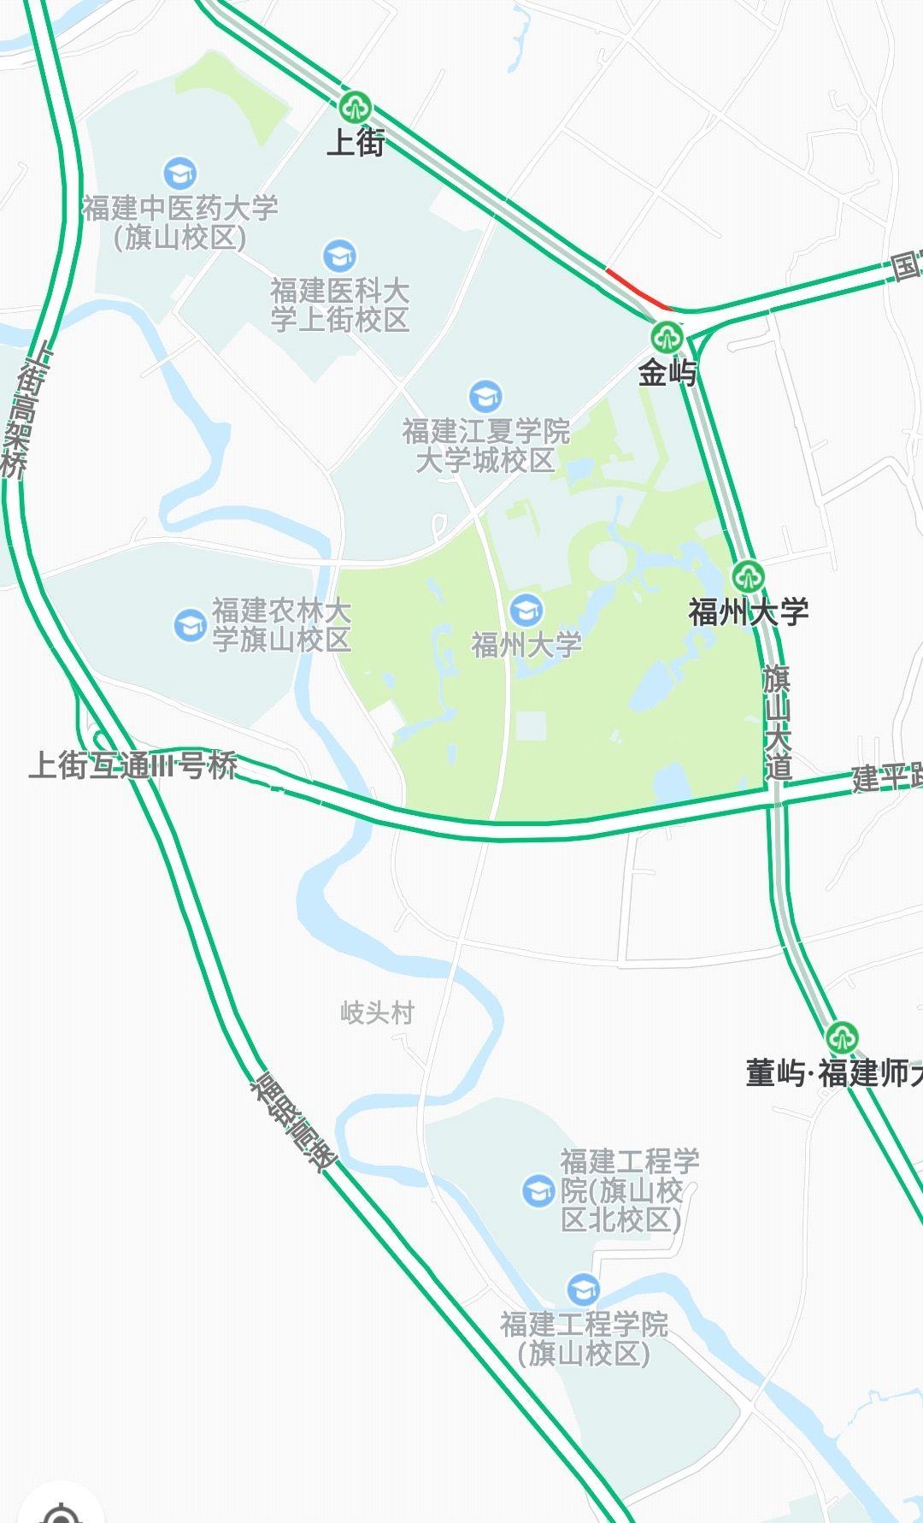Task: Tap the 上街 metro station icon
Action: click(x=353, y=108)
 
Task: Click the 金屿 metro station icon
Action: click(x=666, y=337)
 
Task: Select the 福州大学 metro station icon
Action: click(x=748, y=576)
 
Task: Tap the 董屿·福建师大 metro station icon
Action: click(x=843, y=1038)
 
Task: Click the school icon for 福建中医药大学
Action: click(x=179, y=174)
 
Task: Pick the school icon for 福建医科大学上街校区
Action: click(x=339, y=256)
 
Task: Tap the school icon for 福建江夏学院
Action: click(x=485, y=397)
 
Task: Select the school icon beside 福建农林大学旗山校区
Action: click(x=190, y=625)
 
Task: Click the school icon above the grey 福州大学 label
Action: click(x=526, y=611)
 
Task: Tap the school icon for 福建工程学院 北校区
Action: click(x=538, y=1189)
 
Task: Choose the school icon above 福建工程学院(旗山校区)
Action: click(x=583, y=1289)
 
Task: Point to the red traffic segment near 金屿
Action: click(x=637, y=288)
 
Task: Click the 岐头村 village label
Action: click(x=377, y=1013)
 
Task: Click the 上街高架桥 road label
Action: click(x=24, y=410)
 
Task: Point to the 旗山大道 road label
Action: click(x=777, y=723)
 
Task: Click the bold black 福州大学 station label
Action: click(x=749, y=612)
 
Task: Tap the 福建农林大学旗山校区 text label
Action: click(x=281, y=625)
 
